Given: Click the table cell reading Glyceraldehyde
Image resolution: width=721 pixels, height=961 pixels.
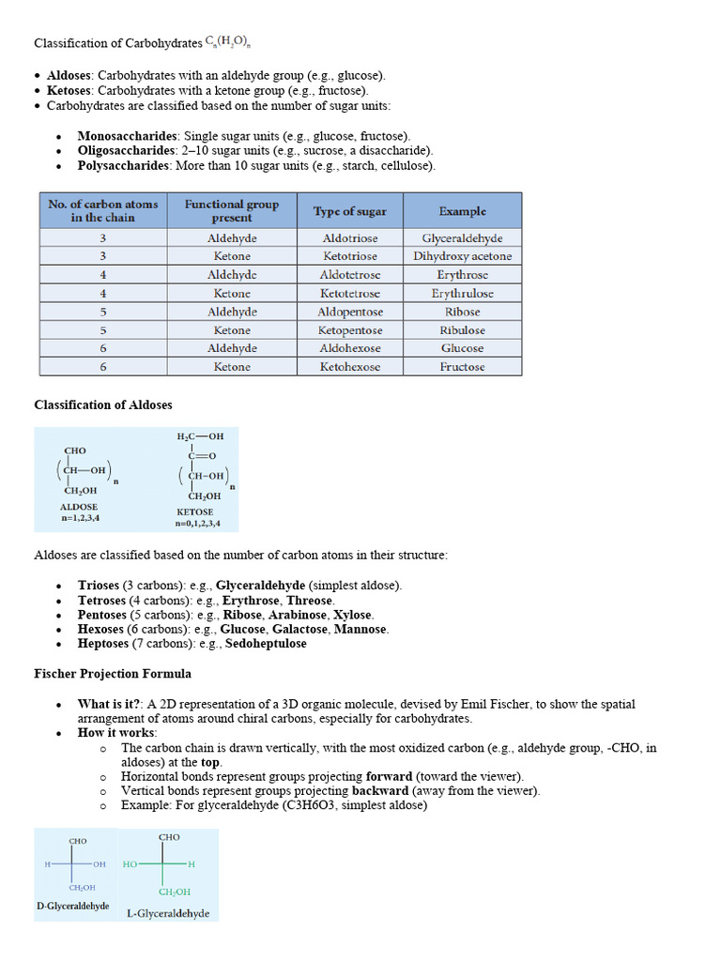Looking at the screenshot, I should point(462,238).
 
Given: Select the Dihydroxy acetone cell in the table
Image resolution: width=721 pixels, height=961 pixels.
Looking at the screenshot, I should point(462,256).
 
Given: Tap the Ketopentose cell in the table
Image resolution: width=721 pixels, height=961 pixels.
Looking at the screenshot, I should point(349,330).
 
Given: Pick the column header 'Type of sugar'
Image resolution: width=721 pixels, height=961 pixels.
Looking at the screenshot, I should point(349,211).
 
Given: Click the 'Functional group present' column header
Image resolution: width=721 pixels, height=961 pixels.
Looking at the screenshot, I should point(232,210).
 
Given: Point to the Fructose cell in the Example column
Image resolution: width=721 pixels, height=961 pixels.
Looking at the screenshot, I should point(462,367).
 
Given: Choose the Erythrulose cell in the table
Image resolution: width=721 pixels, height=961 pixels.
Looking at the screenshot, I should point(462,294).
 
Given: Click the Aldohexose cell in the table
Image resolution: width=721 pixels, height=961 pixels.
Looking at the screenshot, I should point(349,348).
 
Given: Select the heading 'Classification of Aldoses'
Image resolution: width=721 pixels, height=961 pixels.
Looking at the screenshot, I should point(103,404).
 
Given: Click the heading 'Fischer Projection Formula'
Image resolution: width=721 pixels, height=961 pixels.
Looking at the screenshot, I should point(113,674).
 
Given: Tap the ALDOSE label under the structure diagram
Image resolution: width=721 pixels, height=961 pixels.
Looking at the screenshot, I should point(79,507).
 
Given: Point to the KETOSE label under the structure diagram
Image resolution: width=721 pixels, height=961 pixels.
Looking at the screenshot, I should point(195,511).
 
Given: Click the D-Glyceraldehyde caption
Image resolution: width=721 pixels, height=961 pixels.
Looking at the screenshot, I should point(72,907).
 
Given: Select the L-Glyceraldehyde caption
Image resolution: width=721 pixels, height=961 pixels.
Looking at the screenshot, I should point(168,913).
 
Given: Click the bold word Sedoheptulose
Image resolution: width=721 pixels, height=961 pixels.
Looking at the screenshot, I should point(266,644).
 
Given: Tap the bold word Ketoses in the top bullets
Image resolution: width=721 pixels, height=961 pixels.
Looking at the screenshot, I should point(69,90).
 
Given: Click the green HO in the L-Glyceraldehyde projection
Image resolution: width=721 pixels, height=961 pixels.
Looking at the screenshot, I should point(130,863).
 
